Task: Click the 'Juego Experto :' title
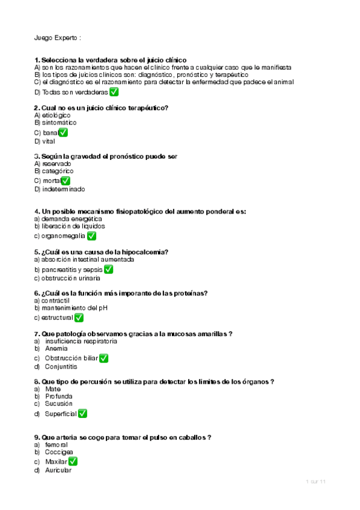point(58,37)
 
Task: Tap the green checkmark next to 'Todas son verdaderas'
point(114,92)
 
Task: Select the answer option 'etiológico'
point(56,115)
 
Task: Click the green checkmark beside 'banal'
point(63,132)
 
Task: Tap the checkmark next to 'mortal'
point(66,180)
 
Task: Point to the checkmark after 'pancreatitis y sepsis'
point(108,269)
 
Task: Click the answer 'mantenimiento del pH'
point(75,308)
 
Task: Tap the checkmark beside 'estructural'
point(79,318)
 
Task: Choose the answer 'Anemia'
point(56,348)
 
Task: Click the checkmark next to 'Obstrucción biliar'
point(103,358)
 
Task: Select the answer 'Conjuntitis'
point(61,366)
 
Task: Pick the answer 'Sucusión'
point(59,404)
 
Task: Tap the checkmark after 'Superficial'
point(82,414)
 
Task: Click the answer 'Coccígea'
point(59,452)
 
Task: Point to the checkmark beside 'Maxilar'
point(73,461)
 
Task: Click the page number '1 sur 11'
point(316,482)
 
